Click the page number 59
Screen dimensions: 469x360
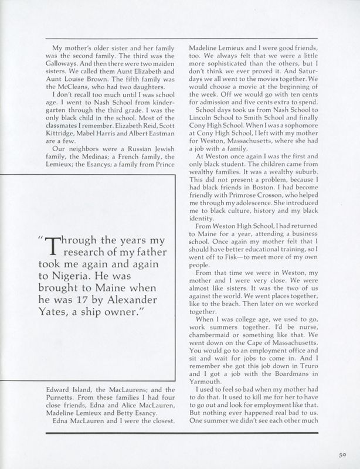point(341,451)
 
